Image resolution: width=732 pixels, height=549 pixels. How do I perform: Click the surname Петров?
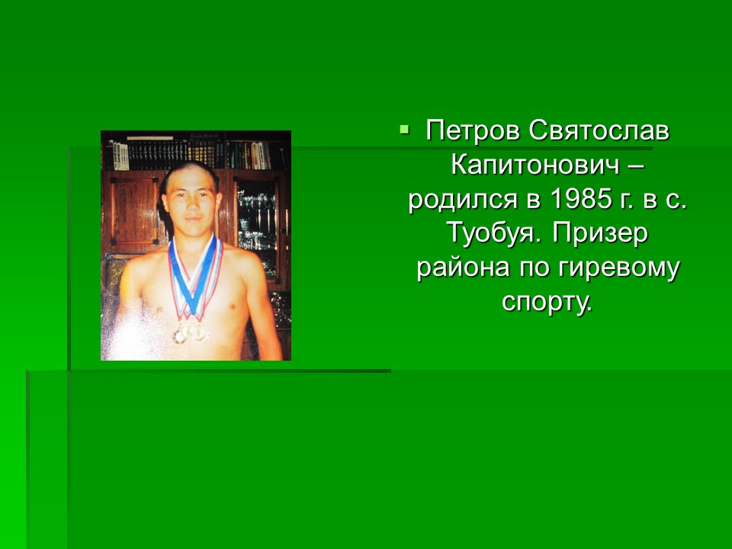(x=473, y=132)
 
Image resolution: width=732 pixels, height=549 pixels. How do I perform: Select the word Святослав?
(x=599, y=132)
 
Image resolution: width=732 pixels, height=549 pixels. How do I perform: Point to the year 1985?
(x=581, y=199)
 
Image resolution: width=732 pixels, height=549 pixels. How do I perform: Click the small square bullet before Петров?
(x=404, y=129)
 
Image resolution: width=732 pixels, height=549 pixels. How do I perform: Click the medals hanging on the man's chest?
(x=191, y=332)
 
